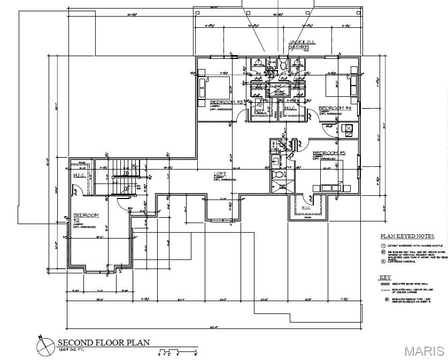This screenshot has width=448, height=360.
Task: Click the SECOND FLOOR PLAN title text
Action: click(x=104, y=342)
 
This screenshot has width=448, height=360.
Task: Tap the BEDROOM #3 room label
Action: click(x=226, y=102)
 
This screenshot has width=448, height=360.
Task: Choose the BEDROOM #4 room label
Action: click(x=335, y=108)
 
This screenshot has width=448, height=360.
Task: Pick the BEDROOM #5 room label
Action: click(x=329, y=153)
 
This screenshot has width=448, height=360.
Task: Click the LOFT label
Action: click(x=220, y=174)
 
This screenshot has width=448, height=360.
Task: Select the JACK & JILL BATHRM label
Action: click(x=299, y=44)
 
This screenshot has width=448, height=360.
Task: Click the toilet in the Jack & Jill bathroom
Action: click(x=284, y=65)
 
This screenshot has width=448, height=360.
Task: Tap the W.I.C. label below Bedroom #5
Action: click(x=307, y=208)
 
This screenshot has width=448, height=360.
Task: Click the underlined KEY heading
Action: click(x=385, y=278)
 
